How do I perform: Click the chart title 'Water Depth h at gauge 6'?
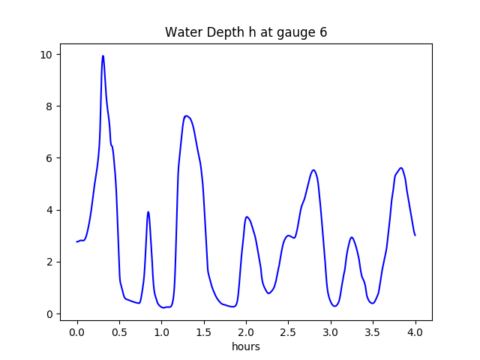246,33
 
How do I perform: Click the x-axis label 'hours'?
246,346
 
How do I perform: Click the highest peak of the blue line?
103,56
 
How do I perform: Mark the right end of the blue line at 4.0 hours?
415,235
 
